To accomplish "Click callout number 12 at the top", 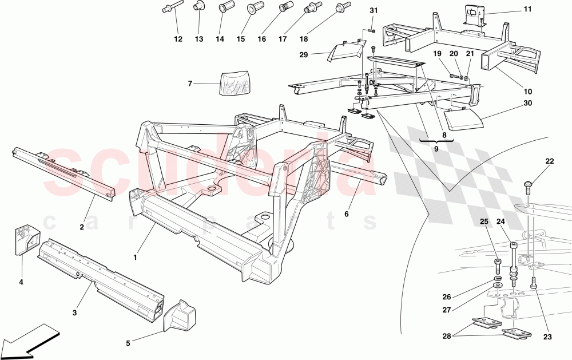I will tap(178, 39).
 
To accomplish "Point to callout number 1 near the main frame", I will tap(135, 258).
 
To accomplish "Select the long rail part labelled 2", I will tap(63, 171).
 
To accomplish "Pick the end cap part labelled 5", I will tap(180, 315).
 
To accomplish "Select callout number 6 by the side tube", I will tap(346, 214).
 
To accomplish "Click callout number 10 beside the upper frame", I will tap(527, 91).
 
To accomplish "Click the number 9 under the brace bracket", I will tap(436, 148).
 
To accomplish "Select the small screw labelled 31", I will tap(371, 29).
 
